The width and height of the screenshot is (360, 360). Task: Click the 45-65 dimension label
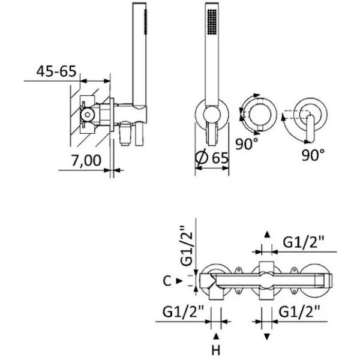tap(56, 71)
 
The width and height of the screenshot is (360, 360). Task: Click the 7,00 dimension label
tap(86, 160)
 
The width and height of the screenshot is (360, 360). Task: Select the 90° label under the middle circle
tap(247, 144)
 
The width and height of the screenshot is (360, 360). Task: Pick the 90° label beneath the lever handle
tap(313, 155)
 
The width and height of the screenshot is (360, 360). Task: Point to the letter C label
tap(167, 281)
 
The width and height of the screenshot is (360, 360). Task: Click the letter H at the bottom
tap(216, 350)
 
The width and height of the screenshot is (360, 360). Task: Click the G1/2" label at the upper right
tap(303, 242)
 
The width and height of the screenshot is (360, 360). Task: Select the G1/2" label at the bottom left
tap(183, 311)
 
